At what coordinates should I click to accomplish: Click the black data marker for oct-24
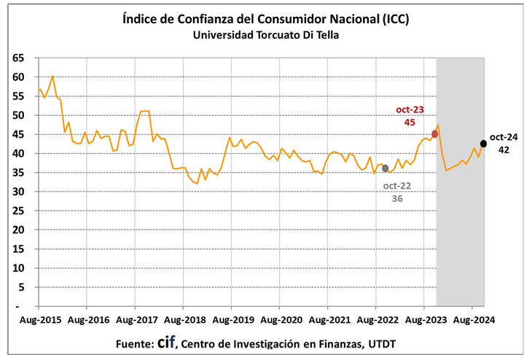[484, 144]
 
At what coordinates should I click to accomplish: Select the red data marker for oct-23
[434, 134]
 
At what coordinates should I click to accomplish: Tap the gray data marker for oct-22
[386, 168]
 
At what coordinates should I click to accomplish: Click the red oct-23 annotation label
[410, 109]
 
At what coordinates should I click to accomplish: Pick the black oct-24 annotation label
[504, 136]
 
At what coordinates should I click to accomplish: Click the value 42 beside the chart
[504, 149]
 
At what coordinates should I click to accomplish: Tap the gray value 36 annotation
[398, 198]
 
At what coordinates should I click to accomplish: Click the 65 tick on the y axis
[19, 58]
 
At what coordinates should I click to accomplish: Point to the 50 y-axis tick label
[19, 115]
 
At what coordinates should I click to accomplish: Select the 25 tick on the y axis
[19, 211]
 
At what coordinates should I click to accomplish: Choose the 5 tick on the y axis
[22, 287]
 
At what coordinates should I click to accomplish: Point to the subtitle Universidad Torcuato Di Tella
[266, 34]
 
